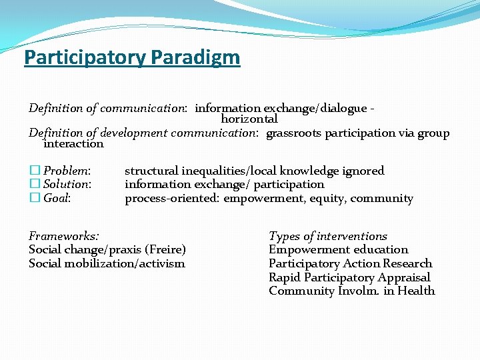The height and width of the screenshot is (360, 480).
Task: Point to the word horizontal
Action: coord(249,119)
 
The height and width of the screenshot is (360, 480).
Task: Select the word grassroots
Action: coord(293,133)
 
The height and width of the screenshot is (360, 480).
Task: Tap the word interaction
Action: coord(73,144)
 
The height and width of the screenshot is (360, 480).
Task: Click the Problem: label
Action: coord(67,171)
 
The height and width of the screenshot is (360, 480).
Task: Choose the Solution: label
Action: coord(67,184)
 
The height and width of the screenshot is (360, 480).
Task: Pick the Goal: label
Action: coord(57,198)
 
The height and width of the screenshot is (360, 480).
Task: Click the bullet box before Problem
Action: coord(34,171)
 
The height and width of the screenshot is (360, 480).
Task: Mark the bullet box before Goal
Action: coord(34,198)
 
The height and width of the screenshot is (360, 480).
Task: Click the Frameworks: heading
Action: coord(64,236)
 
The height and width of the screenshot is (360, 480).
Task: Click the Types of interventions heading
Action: coord(327,236)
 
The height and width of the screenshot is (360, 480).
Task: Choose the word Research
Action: coord(407,263)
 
